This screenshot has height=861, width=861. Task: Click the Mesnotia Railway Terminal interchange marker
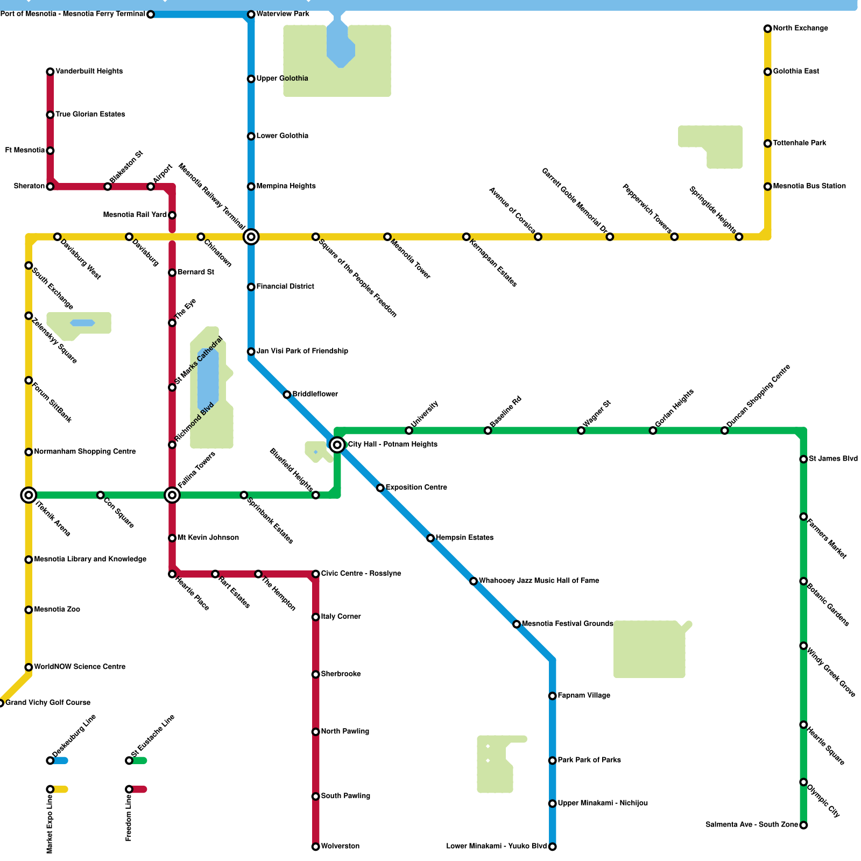[251, 237]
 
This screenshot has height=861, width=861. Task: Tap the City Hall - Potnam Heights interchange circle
[337, 444]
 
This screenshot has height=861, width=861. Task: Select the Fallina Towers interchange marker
[172, 495]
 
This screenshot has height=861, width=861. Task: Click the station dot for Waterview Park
[251, 14]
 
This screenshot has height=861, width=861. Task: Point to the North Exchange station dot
[768, 29]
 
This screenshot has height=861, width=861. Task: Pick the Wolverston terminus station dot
[316, 847]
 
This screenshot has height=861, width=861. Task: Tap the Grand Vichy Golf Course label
[48, 703]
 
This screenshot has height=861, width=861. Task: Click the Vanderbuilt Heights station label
[89, 72]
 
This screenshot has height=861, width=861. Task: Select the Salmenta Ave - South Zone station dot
[803, 825]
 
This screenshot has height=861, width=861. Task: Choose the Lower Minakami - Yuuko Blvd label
[496, 846]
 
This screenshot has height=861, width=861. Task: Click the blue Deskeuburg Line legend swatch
[61, 760]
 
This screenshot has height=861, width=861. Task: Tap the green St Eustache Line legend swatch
[140, 760]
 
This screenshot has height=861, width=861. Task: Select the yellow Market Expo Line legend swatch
[61, 789]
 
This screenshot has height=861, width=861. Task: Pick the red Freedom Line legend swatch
[140, 789]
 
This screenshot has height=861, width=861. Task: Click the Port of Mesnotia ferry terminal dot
[151, 15]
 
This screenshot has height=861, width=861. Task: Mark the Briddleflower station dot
[287, 395]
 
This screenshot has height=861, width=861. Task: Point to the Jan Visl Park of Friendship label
[302, 351]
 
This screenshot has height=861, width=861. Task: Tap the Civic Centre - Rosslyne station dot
[316, 574]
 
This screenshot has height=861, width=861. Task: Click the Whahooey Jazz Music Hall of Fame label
[539, 581]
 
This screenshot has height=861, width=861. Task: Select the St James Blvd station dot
[803, 460]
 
